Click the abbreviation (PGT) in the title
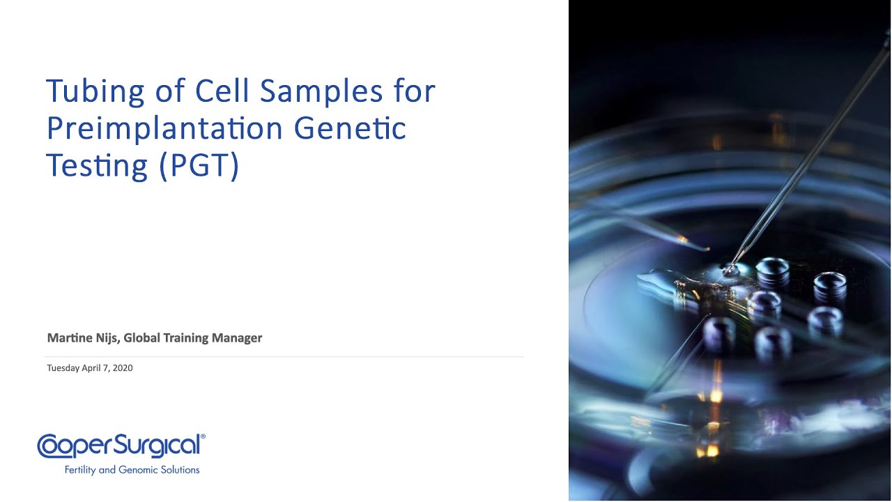(x=199, y=166)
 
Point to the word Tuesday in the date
(x=64, y=368)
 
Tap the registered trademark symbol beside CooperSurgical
(x=203, y=437)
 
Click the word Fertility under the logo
(x=80, y=470)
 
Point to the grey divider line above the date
(x=285, y=357)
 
